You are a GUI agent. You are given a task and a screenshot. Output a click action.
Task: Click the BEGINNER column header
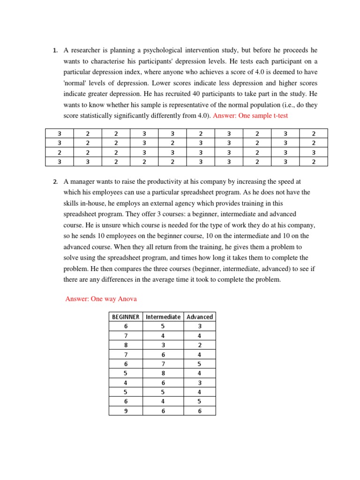click(126, 317)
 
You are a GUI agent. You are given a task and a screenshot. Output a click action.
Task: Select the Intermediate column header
click(163, 317)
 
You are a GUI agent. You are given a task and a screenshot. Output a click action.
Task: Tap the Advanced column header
click(200, 317)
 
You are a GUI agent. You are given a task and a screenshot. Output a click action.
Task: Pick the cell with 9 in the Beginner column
click(126, 411)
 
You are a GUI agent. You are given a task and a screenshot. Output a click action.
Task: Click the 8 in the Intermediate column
click(163, 373)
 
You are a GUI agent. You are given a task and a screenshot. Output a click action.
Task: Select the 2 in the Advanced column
click(200, 345)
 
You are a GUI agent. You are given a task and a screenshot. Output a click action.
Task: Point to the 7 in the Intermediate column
click(163, 364)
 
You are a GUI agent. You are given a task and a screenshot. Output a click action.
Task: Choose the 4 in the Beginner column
click(126, 382)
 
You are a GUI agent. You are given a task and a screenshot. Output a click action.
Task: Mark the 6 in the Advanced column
click(200, 411)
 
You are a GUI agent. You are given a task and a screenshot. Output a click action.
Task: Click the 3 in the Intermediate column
click(163, 345)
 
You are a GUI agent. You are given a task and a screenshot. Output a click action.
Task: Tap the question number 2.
click(55, 182)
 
